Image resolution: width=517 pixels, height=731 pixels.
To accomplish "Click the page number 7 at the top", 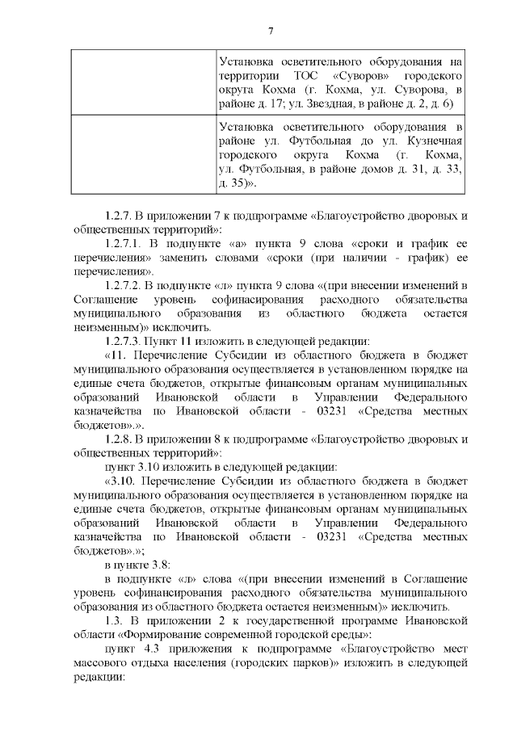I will [271, 32].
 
